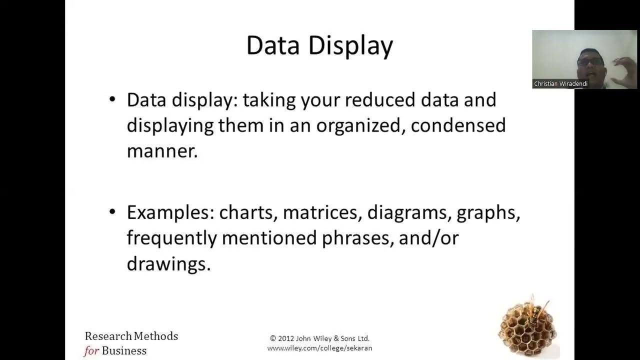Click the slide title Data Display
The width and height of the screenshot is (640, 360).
tap(319, 46)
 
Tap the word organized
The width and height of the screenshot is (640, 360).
tap(360, 125)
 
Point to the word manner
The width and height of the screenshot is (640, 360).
tap(162, 151)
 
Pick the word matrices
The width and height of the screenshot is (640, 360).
tap(322, 213)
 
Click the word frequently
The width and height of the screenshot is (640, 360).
tap(171, 238)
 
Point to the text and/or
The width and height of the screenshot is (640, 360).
tap(428, 238)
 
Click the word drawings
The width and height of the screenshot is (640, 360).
tap(168, 264)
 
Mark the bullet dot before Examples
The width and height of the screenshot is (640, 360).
tap(112, 212)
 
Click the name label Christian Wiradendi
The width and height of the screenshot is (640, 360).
tap(560, 84)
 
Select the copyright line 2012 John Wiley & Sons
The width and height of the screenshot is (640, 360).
tap(319, 338)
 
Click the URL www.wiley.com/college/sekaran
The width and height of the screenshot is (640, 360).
tap(319, 348)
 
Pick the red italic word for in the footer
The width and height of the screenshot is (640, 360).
tap(91, 351)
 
